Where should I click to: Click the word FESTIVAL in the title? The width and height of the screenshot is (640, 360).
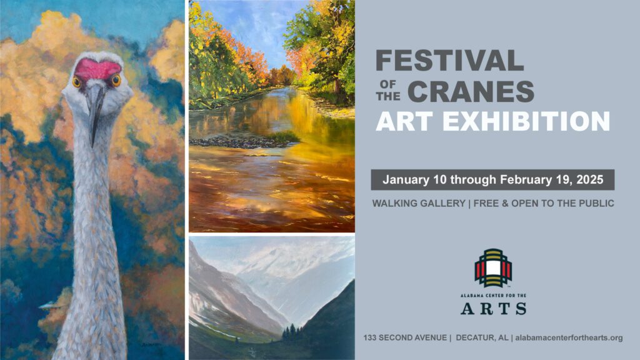click(x=449, y=61)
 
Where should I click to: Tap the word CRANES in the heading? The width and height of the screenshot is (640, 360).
click(x=471, y=91)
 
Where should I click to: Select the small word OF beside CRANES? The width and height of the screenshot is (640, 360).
click(x=388, y=84)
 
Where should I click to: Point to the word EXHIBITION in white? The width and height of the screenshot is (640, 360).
click(x=526, y=122)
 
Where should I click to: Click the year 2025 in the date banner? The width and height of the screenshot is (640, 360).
click(x=590, y=179)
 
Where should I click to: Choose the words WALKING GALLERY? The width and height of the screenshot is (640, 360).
click(x=419, y=203)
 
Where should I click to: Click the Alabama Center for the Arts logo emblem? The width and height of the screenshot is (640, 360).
click(x=493, y=267)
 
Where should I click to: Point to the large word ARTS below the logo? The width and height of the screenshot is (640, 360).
click(x=493, y=309)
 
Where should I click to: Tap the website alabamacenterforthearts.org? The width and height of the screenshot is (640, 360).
click(x=569, y=338)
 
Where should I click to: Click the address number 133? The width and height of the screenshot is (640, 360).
click(x=370, y=338)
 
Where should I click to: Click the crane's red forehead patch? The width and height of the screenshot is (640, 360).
click(x=97, y=69)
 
